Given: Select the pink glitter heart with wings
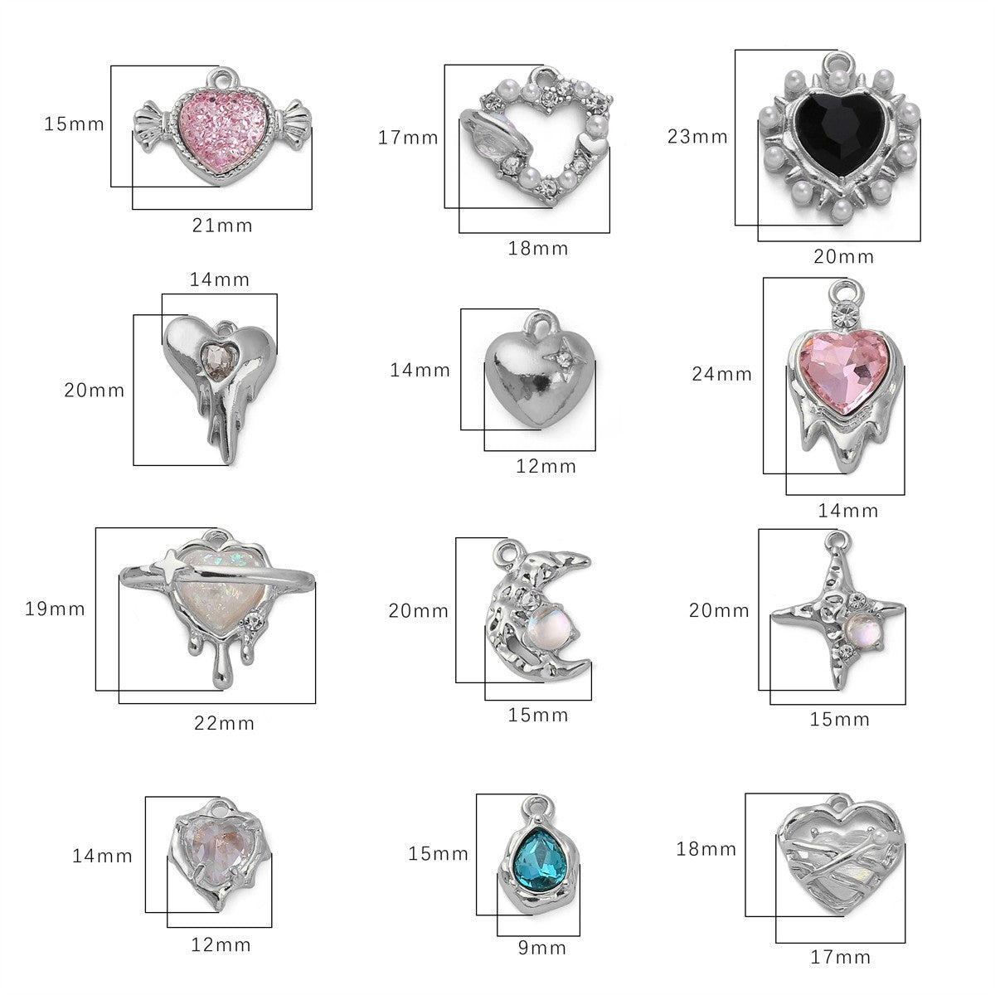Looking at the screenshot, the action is pyautogui.click(x=222, y=128).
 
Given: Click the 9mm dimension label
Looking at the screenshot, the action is pyautogui.click(x=542, y=948).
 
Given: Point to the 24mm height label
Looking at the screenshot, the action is pyautogui.click(x=722, y=374).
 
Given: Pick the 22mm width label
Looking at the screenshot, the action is pyautogui.click(x=224, y=723).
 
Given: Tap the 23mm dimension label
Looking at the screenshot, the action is pyautogui.click(x=697, y=136).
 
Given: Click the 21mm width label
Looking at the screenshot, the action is pyautogui.click(x=222, y=226).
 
